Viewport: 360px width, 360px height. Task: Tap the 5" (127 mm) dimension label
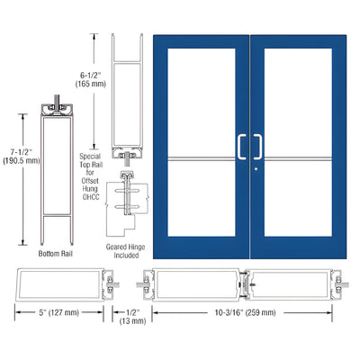55,313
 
